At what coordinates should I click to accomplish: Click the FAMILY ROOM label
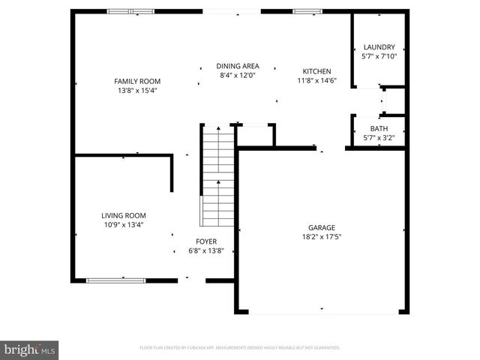(137, 81)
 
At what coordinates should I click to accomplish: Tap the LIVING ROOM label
(124, 215)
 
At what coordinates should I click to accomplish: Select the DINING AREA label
(238, 66)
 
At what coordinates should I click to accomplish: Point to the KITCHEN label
(316, 71)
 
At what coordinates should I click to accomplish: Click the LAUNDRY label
(378, 46)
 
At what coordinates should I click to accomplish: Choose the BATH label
(378, 128)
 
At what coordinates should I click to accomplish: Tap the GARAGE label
(321, 227)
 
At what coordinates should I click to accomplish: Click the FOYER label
(206, 241)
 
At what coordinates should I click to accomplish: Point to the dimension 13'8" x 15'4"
(136, 90)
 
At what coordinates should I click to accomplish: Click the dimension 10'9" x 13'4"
(123, 224)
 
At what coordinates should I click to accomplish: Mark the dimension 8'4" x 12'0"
(238, 75)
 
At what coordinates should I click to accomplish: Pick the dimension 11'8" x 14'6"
(316, 80)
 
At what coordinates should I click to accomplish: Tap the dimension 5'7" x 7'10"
(378, 55)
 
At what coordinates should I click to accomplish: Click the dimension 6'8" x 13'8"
(206, 250)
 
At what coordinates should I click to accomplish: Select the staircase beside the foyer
(217, 176)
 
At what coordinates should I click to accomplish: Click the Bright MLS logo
(30, 349)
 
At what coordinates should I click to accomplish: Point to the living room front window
(115, 280)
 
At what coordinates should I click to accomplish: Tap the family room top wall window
(130, 11)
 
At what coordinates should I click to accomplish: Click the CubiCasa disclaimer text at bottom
(240, 348)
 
